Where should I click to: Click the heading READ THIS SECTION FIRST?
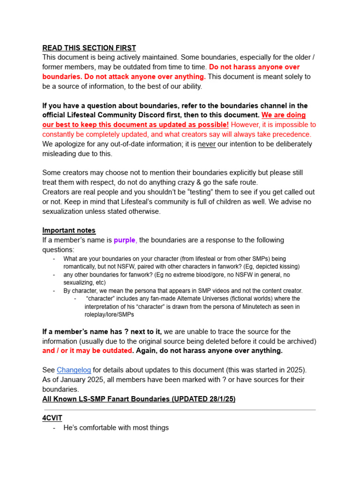click(x=89, y=48)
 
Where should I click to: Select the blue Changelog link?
click(x=74, y=370)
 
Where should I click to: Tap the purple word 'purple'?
click(x=125, y=240)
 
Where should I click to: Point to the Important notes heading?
click(x=69, y=230)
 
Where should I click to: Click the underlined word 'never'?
click(x=207, y=144)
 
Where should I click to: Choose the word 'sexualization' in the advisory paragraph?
click(x=64, y=211)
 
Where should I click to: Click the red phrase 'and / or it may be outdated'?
click(x=87, y=351)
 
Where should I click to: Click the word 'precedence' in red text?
click(x=291, y=134)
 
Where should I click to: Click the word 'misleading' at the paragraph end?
click(x=59, y=154)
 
